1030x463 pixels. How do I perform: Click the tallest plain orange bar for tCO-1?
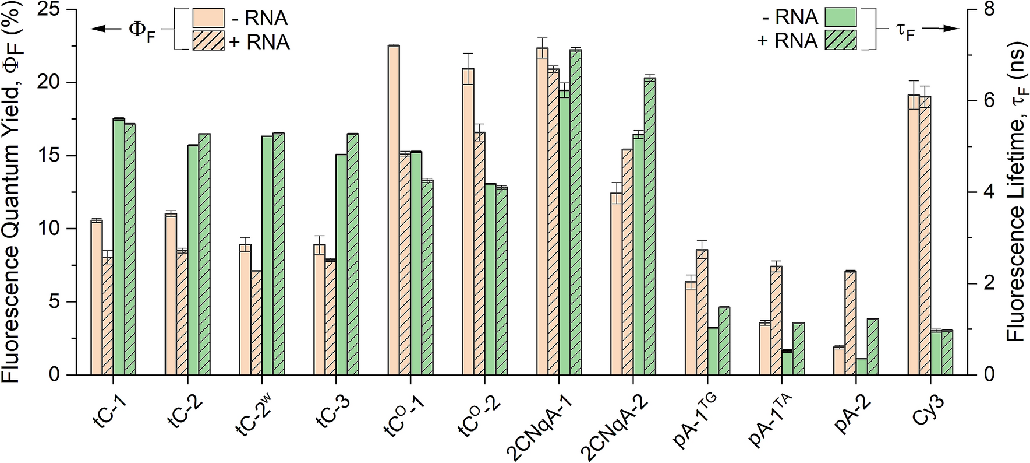point(394,210)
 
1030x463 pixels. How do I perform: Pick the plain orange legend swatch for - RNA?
point(208,18)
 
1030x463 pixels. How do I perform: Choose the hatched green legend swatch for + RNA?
point(840,41)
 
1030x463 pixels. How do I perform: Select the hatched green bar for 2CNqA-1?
point(575,212)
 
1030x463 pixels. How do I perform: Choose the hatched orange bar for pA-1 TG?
point(702,312)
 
